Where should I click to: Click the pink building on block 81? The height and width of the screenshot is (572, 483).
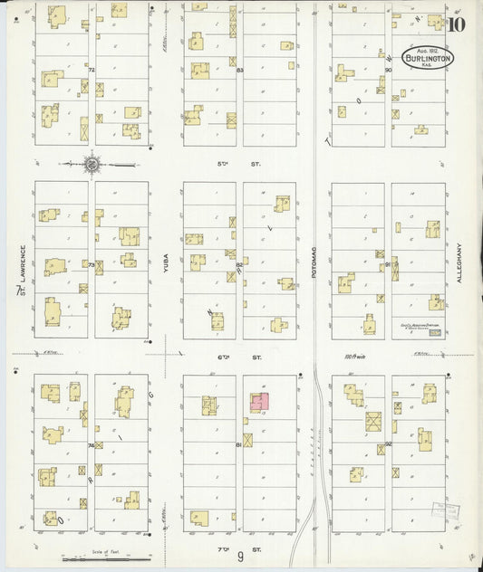tap(260, 401)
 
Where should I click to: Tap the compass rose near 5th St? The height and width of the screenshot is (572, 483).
tap(92, 164)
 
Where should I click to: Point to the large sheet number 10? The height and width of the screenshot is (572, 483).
tap(456, 24)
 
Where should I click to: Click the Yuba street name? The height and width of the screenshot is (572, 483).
tap(166, 262)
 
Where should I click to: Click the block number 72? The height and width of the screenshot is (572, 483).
tap(92, 69)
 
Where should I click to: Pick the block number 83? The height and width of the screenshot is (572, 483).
tap(239, 70)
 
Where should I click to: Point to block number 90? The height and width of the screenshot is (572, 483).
tap(388, 70)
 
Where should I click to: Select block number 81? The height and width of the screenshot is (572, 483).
tap(239, 445)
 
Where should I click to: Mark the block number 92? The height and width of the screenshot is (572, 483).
tap(388, 444)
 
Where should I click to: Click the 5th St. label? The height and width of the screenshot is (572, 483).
tap(241, 163)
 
